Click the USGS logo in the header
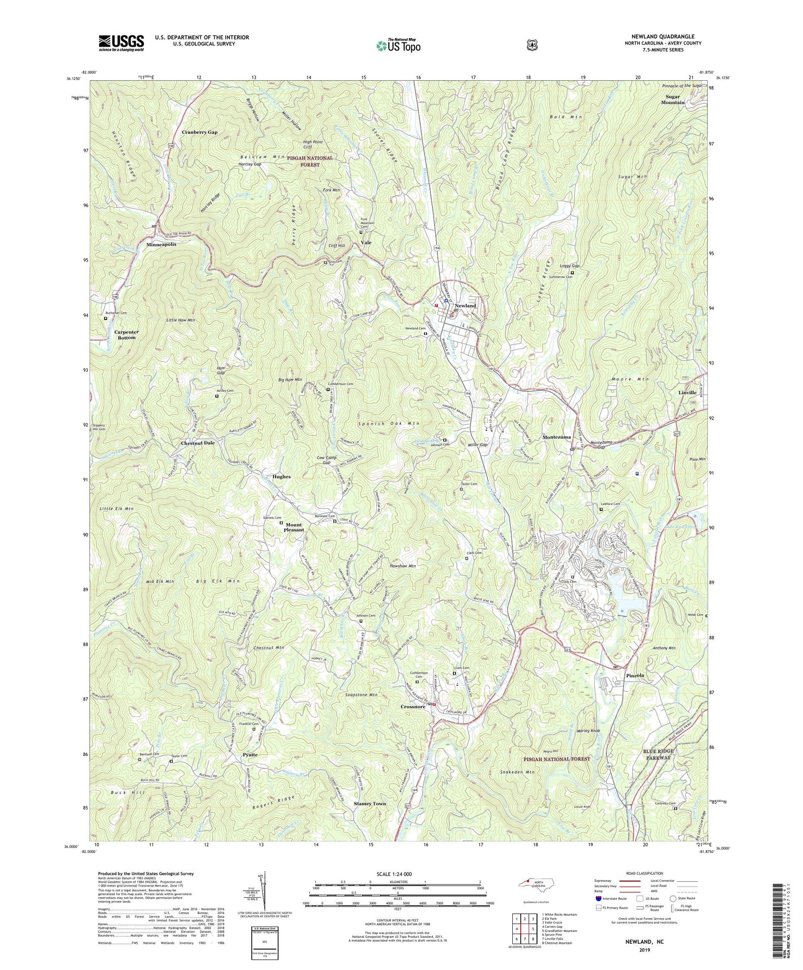[x=121, y=43]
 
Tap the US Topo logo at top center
[x=398, y=45]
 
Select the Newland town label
[x=465, y=305]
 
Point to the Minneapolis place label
[x=161, y=244]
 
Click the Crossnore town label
[x=413, y=706]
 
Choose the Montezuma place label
[x=557, y=437]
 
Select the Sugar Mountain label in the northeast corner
[x=675, y=100]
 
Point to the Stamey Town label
[x=370, y=804]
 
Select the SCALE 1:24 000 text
[x=397, y=874]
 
